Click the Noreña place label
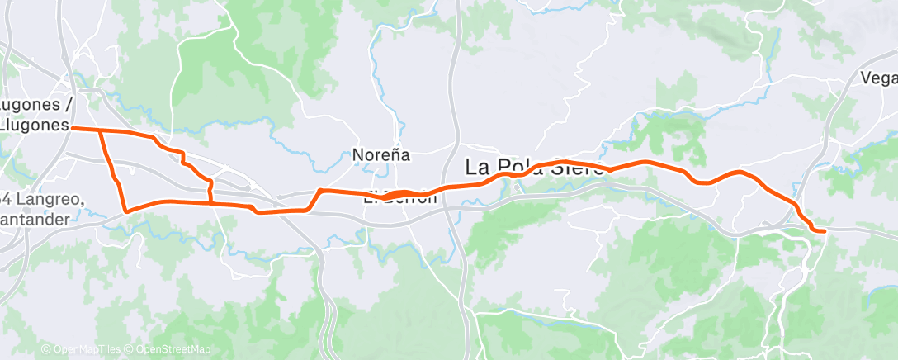pyautogui.click(x=381, y=154)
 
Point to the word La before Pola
pyautogui.click(x=480, y=167)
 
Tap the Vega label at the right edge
pyautogui.click(x=878, y=78)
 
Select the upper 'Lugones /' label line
pyautogui.click(x=37, y=105)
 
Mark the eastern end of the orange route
pyautogui.click(x=824, y=232)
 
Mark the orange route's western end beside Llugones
pyautogui.click(x=73, y=128)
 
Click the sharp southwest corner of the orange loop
pyautogui.click(x=126, y=211)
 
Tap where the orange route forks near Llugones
pyautogui.click(x=100, y=130)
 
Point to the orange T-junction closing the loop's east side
pyautogui.click(x=210, y=202)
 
